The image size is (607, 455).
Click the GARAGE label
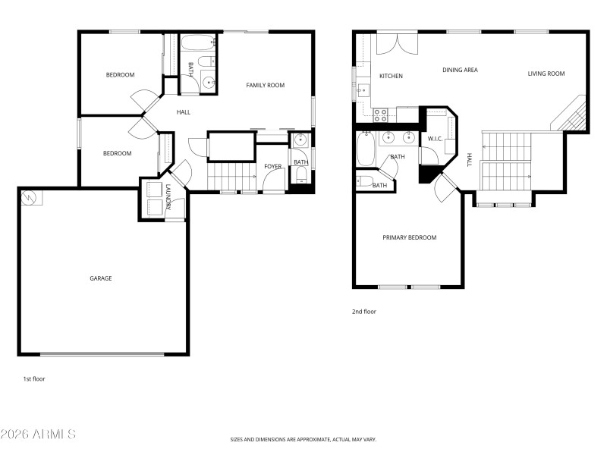[101, 278]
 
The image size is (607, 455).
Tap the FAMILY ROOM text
[265, 86]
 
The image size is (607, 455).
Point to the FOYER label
[272, 166]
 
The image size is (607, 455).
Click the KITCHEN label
[391, 76]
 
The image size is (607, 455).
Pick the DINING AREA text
[460, 70]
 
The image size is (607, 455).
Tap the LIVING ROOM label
[546, 74]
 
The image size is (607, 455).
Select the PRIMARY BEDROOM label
[409, 237]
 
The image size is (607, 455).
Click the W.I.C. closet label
[435, 139]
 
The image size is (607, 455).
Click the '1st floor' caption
[34, 378]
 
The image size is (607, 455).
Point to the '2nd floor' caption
[363, 311]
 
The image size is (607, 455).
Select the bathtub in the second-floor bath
[364, 150]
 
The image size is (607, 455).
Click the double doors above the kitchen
[396, 44]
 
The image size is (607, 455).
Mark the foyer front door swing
[272, 180]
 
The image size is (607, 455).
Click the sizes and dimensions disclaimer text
[303, 439]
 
